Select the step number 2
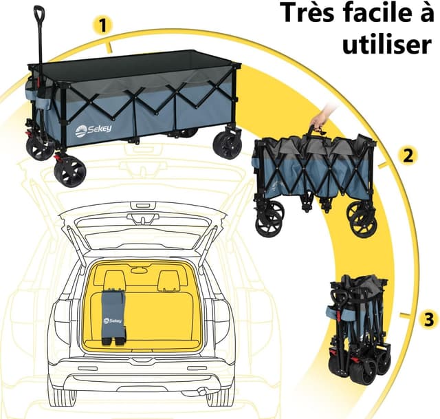[408, 155]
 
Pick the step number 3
[428, 319]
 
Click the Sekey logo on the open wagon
[89, 129]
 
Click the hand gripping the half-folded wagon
[320, 119]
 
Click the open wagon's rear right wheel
[227, 144]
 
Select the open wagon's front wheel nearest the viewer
[69, 171]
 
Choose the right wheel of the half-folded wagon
[362, 219]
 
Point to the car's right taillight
[221, 320]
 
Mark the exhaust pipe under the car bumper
[203, 393]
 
